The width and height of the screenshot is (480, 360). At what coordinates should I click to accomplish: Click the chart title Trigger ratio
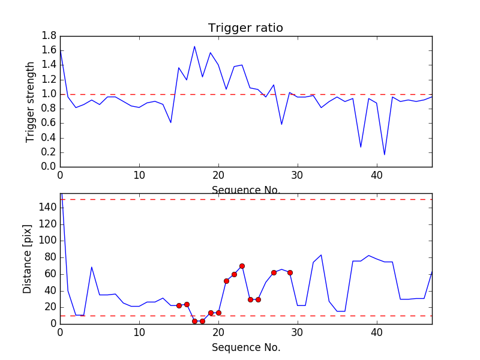click(x=245, y=28)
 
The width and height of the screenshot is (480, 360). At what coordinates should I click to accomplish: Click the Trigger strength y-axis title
click(x=31, y=101)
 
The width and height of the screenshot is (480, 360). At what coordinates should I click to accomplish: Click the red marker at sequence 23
click(x=242, y=266)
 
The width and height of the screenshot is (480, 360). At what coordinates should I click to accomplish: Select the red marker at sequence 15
click(x=179, y=305)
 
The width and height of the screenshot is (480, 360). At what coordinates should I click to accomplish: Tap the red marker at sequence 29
click(x=290, y=272)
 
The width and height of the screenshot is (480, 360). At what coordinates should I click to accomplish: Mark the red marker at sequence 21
click(x=226, y=281)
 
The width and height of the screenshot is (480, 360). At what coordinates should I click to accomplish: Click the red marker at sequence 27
click(x=274, y=272)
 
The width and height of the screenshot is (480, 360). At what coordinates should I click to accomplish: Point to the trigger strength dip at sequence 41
click(x=385, y=155)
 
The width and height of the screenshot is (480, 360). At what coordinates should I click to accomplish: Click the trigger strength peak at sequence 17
click(x=194, y=46)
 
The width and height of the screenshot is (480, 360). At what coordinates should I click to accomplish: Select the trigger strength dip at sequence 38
click(x=361, y=147)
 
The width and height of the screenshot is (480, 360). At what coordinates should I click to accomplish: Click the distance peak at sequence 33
click(x=321, y=255)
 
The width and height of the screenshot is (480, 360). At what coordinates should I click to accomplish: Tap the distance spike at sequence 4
click(x=92, y=267)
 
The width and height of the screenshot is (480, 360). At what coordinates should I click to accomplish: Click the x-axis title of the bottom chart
click(x=245, y=347)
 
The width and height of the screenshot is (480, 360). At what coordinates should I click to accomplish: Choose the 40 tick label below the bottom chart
click(x=377, y=332)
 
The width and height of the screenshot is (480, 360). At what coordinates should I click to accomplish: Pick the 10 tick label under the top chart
click(x=139, y=175)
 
